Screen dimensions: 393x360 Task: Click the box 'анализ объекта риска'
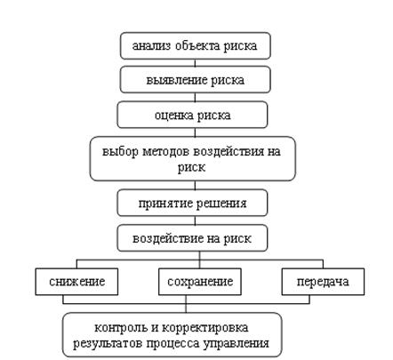(x=196, y=46)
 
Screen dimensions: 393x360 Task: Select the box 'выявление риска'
(x=196, y=80)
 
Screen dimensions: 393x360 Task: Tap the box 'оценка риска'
(x=193, y=115)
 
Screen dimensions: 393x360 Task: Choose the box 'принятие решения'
(x=193, y=203)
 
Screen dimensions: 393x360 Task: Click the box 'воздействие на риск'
(x=193, y=238)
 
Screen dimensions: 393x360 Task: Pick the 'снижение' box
(x=76, y=282)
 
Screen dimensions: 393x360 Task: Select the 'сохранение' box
(x=200, y=282)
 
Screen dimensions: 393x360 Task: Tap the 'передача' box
(x=323, y=282)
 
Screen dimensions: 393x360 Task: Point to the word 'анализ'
(x=151, y=46)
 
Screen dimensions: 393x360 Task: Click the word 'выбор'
(x=120, y=151)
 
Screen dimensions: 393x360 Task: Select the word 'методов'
(x=166, y=152)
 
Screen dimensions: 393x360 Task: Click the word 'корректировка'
(x=205, y=328)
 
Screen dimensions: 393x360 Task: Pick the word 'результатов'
(x=108, y=344)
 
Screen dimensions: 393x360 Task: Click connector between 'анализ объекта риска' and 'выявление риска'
(x=195, y=63)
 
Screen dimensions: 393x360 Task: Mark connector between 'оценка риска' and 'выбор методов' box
(x=195, y=132)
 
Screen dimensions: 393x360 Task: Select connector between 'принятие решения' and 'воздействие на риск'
(x=195, y=220)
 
